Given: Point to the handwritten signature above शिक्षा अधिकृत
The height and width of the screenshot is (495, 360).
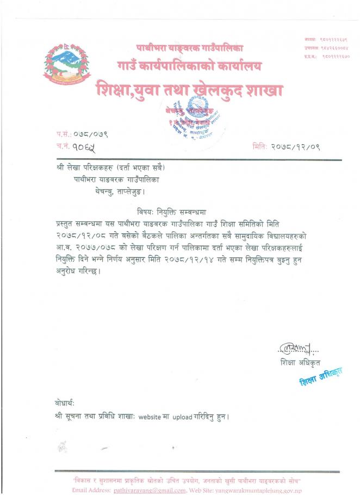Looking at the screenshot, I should [294, 347].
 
